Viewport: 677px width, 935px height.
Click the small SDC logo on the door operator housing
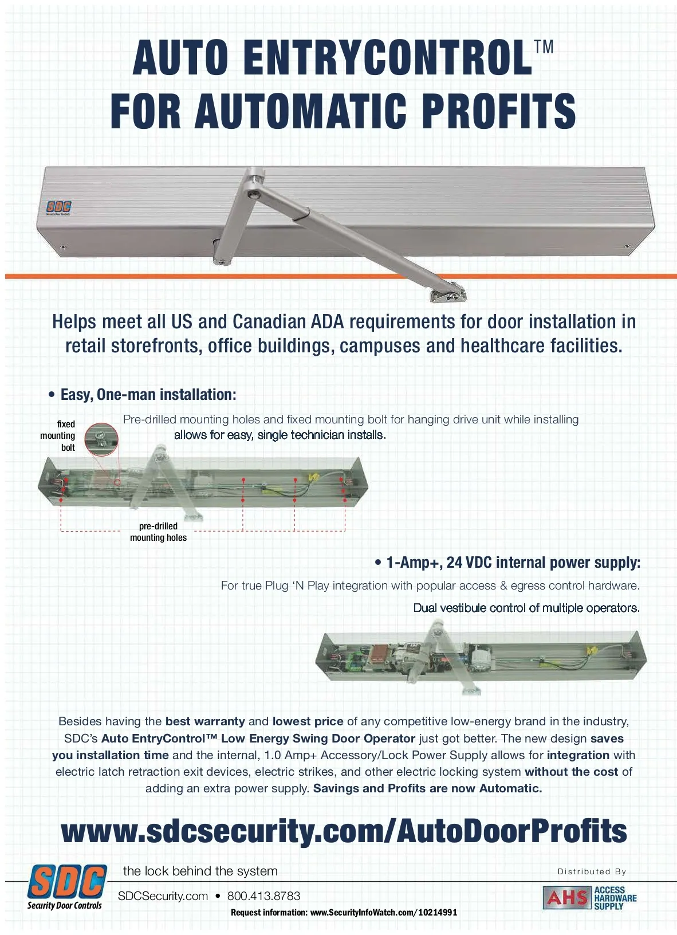click(x=59, y=207)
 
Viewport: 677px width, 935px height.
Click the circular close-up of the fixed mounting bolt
click(x=101, y=439)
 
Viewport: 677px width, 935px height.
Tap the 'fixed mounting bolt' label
click(x=58, y=436)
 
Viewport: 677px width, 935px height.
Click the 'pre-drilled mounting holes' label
click(x=158, y=532)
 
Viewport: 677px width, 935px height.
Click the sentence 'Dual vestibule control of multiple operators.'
click(x=526, y=608)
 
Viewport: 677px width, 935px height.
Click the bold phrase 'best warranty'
click(x=206, y=721)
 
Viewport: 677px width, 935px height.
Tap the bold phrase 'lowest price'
click(x=308, y=721)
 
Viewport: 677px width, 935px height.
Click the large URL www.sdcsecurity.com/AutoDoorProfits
click(x=344, y=832)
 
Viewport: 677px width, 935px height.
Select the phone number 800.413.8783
click(x=264, y=896)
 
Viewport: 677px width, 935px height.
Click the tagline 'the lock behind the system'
click(x=200, y=871)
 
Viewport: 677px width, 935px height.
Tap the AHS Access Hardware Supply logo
click(x=590, y=897)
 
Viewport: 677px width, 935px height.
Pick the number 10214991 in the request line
click(x=438, y=913)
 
